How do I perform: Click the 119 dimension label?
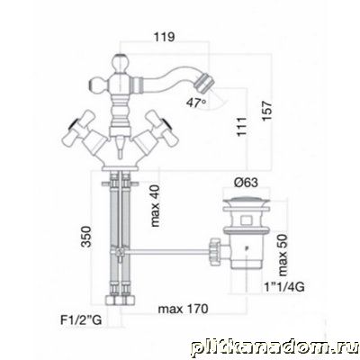pyautogui.click(x=164, y=37)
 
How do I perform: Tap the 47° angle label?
pyautogui.click(x=196, y=103)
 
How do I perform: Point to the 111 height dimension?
pyautogui.click(x=242, y=127)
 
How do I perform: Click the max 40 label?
pyautogui.click(x=156, y=206)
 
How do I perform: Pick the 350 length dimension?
pyautogui.click(x=86, y=237)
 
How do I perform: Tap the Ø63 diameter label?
pyautogui.click(x=246, y=183)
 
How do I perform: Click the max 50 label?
pyautogui.click(x=283, y=255)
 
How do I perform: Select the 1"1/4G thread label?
pyautogui.click(x=284, y=287)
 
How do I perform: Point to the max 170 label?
pyautogui.click(x=183, y=309)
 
